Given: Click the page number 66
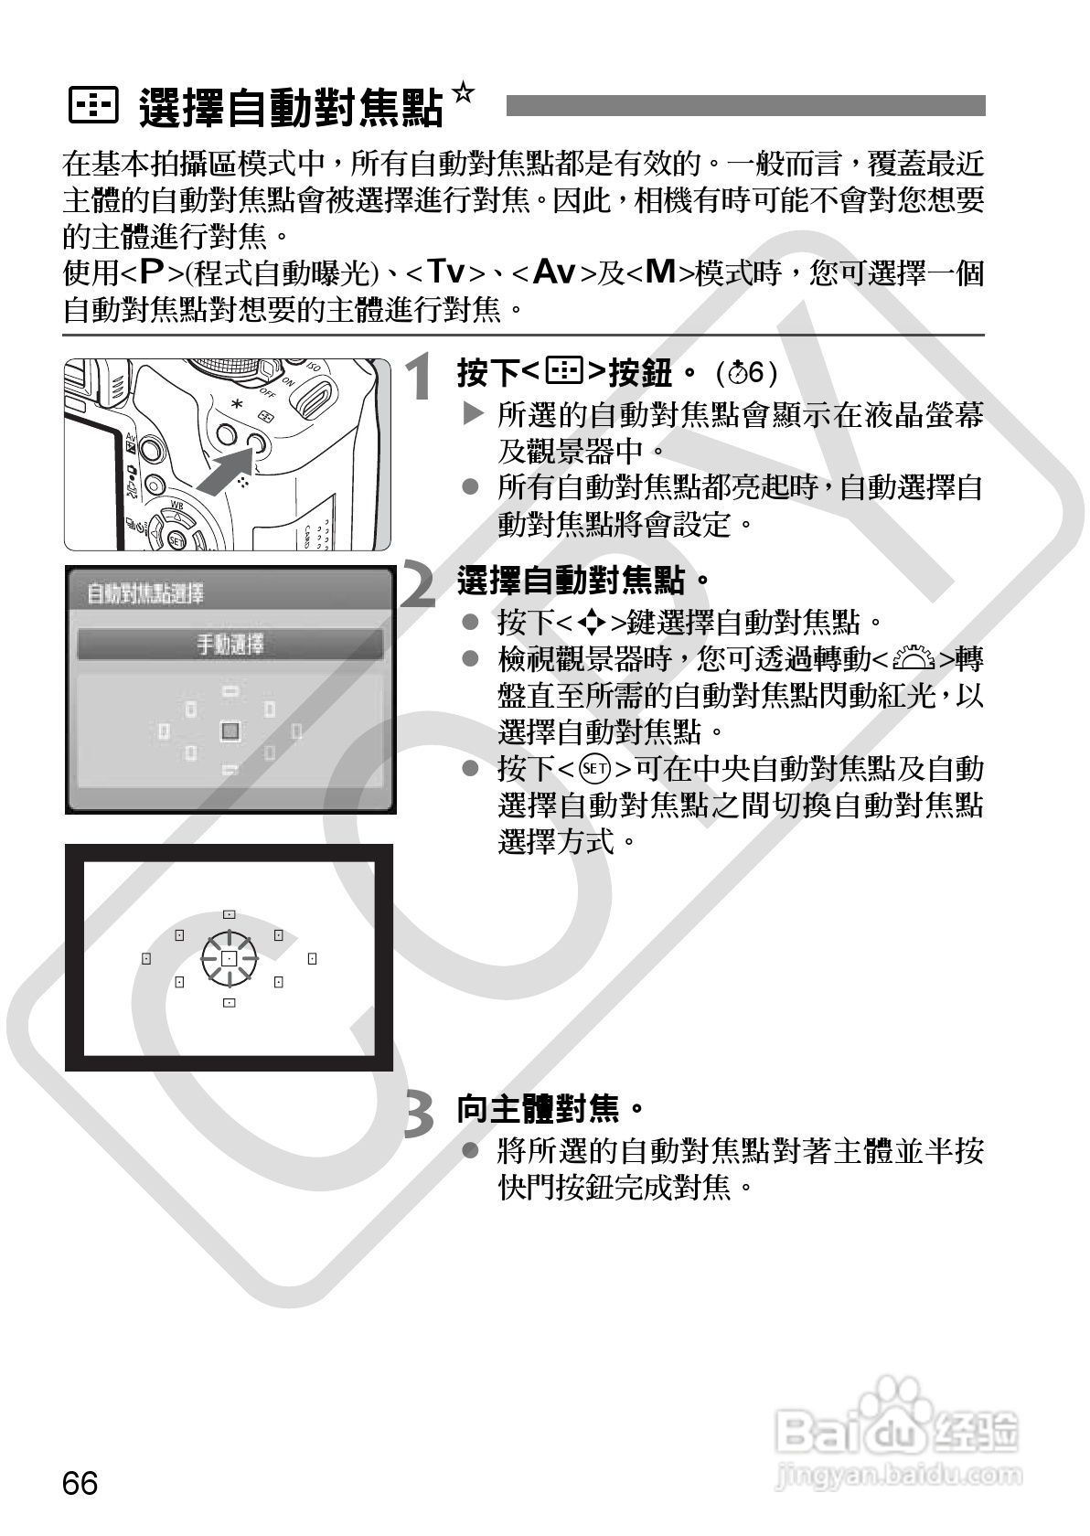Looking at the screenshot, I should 80,1482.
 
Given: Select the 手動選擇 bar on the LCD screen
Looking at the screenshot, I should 230,645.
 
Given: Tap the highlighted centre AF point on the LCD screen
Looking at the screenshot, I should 230,731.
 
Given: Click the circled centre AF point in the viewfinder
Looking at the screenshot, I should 229,958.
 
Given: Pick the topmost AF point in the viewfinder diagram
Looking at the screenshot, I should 229,914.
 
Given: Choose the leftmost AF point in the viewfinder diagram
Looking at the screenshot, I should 145,958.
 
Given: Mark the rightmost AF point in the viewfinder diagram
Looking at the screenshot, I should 312,958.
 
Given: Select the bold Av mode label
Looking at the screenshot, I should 553,272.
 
